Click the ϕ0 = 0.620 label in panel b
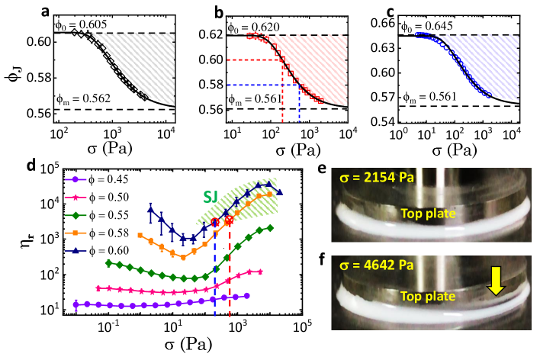(x=254, y=26)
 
